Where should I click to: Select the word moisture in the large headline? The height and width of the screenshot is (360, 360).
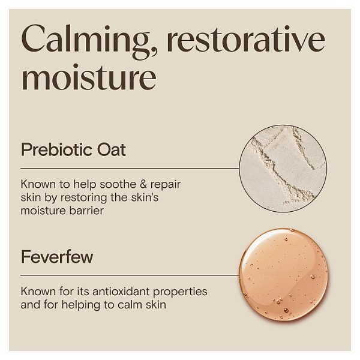tap(89, 79)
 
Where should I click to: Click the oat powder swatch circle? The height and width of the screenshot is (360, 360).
tap(283, 169)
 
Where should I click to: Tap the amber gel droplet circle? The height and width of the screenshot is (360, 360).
tap(283, 274)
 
